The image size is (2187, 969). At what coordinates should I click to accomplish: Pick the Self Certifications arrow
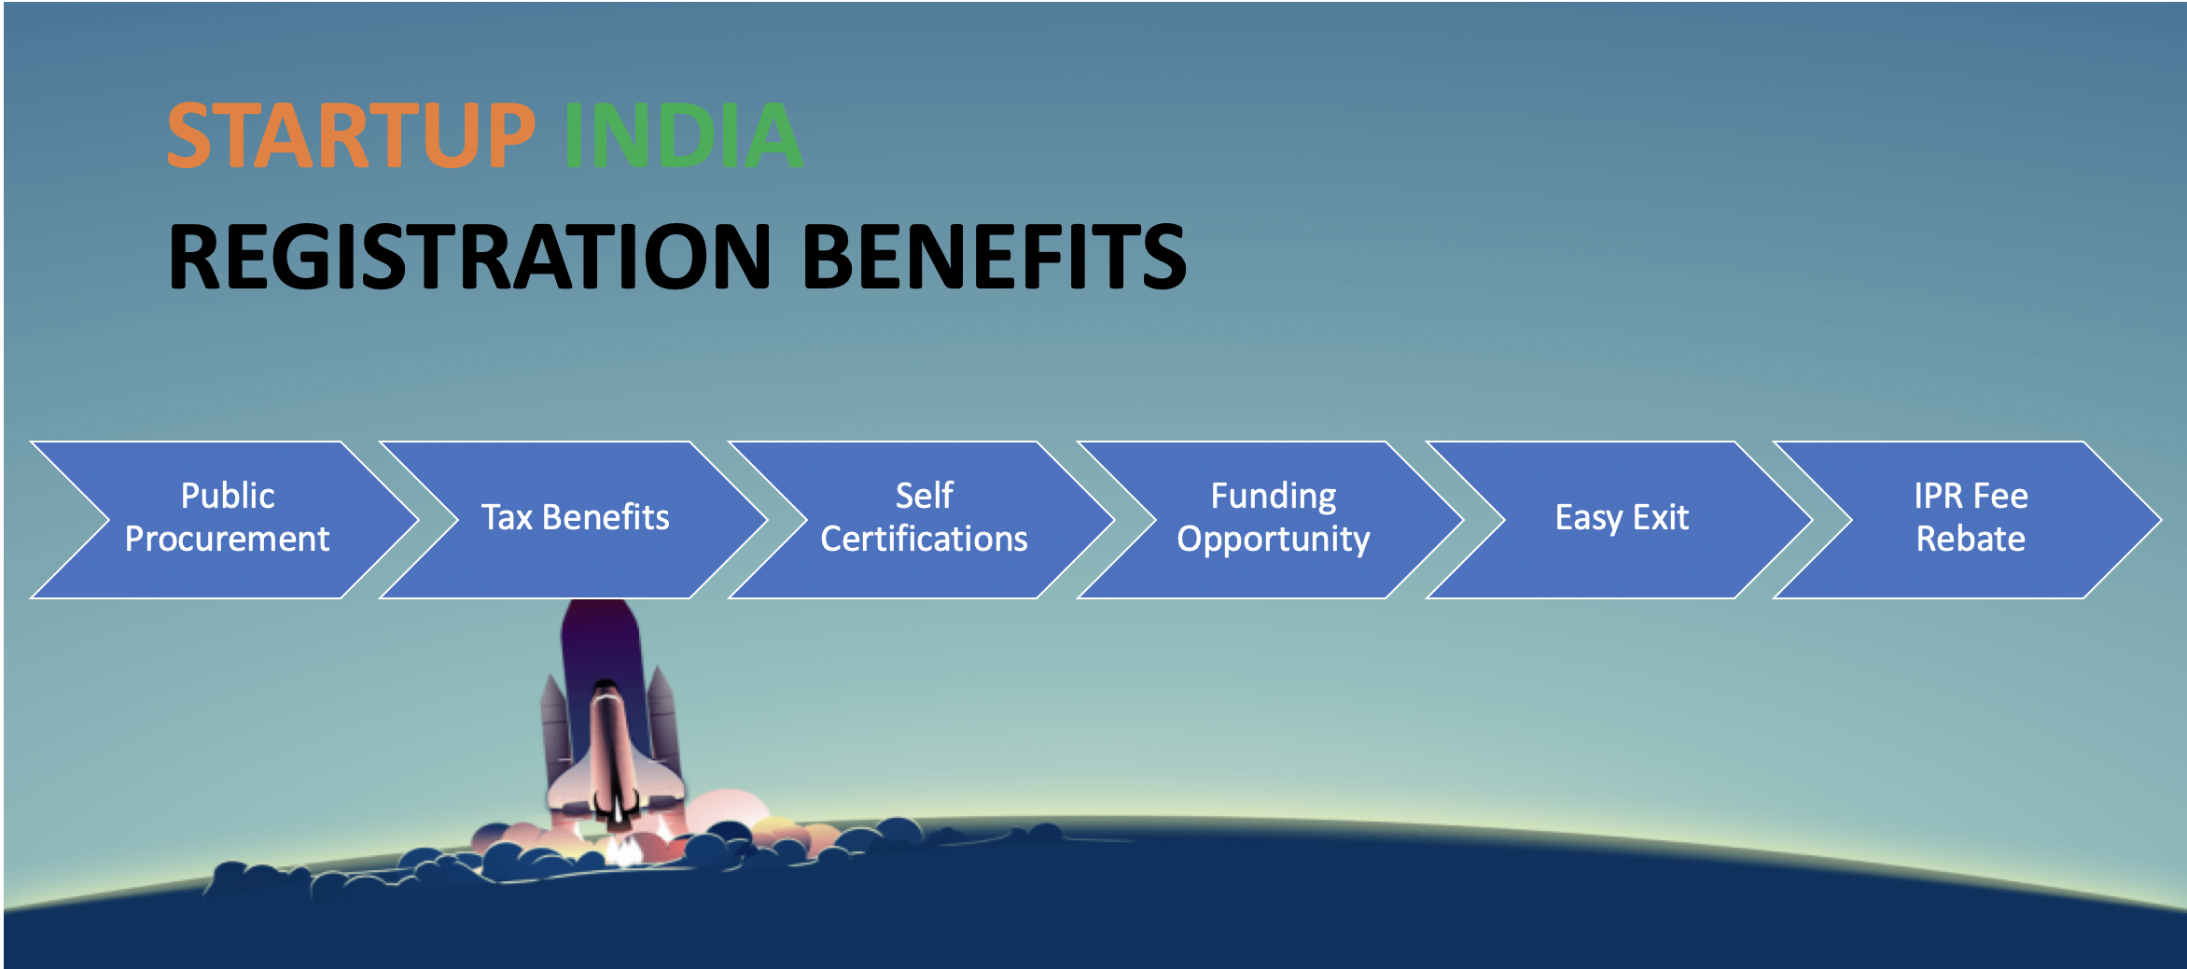(x=924, y=519)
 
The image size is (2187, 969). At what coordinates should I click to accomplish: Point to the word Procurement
(x=227, y=539)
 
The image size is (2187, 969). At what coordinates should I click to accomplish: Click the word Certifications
(x=924, y=539)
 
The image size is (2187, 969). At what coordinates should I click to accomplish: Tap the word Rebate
(x=1971, y=539)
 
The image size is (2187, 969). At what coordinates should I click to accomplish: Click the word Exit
(x=1661, y=517)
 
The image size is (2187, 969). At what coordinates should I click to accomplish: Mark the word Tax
(x=507, y=517)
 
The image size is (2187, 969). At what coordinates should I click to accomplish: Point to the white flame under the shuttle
(x=623, y=849)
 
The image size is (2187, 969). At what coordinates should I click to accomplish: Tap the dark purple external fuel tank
(x=602, y=653)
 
